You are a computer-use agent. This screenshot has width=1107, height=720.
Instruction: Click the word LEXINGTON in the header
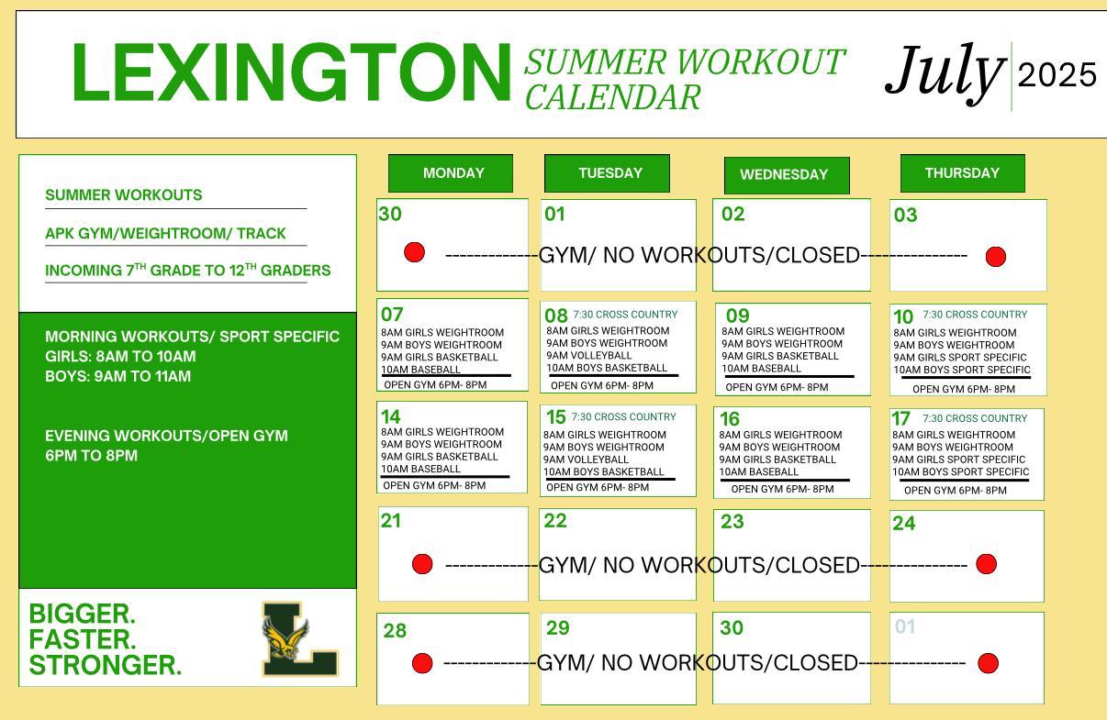(292, 72)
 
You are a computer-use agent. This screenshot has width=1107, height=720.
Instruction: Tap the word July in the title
(945, 73)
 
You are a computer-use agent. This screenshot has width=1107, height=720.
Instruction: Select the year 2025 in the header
(1057, 75)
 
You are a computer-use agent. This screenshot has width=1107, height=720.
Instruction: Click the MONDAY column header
(451, 173)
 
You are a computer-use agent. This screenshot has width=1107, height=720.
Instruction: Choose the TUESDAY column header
(607, 173)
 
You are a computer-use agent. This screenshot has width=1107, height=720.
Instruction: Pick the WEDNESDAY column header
(787, 175)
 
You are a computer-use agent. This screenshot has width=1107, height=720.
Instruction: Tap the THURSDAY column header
(963, 173)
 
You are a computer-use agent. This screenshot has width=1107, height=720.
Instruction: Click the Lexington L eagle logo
(300, 638)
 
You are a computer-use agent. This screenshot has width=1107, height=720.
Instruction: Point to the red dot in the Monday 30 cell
(414, 252)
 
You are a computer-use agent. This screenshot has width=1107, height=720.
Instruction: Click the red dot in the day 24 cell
(987, 564)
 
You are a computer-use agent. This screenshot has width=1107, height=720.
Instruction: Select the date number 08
(556, 316)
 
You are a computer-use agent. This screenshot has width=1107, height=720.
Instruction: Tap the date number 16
(730, 419)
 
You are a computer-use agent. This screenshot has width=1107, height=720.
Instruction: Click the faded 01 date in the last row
(905, 626)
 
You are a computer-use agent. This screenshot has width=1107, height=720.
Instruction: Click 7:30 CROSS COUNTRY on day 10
(975, 315)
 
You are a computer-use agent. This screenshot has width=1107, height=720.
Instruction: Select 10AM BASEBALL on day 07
(420, 370)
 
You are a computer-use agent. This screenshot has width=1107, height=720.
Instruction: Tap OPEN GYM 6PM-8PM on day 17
(956, 491)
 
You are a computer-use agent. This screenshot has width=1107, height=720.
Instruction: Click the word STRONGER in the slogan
(106, 665)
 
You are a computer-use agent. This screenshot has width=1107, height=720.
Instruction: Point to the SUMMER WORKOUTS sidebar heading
(124, 194)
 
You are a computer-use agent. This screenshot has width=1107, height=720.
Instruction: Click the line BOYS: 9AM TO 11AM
(118, 376)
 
